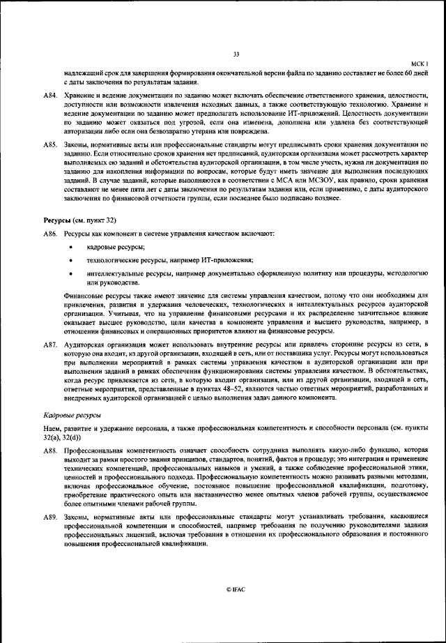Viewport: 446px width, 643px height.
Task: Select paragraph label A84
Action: point(50,94)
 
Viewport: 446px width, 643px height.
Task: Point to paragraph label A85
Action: point(50,144)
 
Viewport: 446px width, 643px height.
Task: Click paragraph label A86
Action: point(50,232)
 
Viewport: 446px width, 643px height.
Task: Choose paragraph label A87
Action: point(50,345)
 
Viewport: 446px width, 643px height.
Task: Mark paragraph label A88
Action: point(50,452)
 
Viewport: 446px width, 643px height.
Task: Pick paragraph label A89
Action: point(50,517)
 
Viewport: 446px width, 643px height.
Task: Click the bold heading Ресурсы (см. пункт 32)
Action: point(79,220)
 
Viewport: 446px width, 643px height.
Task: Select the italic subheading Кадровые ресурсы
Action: point(72,414)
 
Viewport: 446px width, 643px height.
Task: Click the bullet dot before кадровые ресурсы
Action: point(72,248)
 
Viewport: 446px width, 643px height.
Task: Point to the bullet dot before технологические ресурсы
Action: point(72,261)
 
